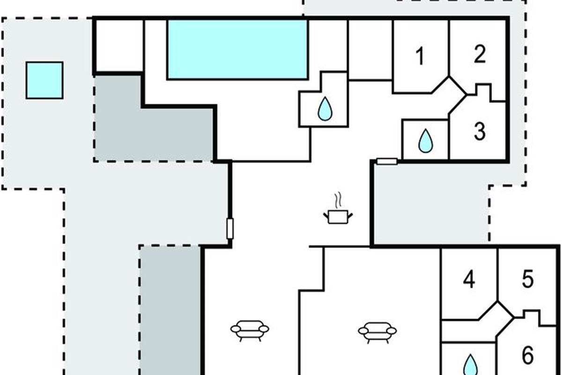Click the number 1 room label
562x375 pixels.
click(420, 57)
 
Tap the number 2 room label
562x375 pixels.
click(479, 55)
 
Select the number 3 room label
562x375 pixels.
click(479, 132)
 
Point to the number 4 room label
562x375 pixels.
click(469, 280)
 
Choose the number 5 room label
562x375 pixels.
click(527, 280)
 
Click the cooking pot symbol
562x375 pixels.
click(337, 216)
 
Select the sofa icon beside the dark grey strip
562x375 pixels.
click(250, 329)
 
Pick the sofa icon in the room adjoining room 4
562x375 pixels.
click(377, 330)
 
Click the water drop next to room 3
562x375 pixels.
click(425, 141)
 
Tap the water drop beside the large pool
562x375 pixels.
click(324, 109)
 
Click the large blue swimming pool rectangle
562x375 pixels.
click(237, 49)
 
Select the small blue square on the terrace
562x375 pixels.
click(44, 80)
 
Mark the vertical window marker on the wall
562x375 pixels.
click(229, 229)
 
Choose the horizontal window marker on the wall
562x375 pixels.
click(387, 162)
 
